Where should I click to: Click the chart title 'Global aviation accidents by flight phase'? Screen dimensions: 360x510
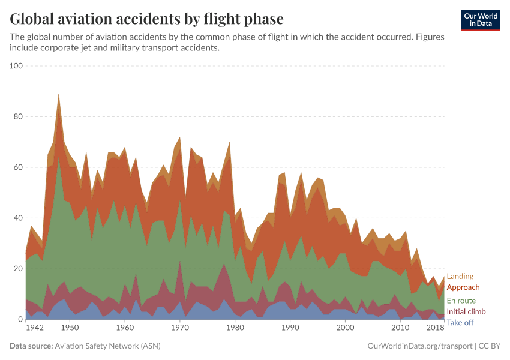147,19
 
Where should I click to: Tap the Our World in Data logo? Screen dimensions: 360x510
480,20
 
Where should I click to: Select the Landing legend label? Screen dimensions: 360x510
460,277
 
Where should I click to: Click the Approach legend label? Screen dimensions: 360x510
463,287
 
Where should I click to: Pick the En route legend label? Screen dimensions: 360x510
461,300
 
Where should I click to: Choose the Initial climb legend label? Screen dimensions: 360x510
466,312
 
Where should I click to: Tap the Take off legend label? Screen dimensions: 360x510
460,323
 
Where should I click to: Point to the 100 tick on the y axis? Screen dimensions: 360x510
16,66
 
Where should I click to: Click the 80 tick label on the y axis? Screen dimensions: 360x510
17,117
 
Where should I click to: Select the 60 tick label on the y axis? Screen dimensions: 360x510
17,167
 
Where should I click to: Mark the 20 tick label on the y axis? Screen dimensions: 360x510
17,269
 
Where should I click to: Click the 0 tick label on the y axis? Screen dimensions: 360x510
20,320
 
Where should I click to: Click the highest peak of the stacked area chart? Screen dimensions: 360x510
58,95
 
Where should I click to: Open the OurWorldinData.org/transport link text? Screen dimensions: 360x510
418,346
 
